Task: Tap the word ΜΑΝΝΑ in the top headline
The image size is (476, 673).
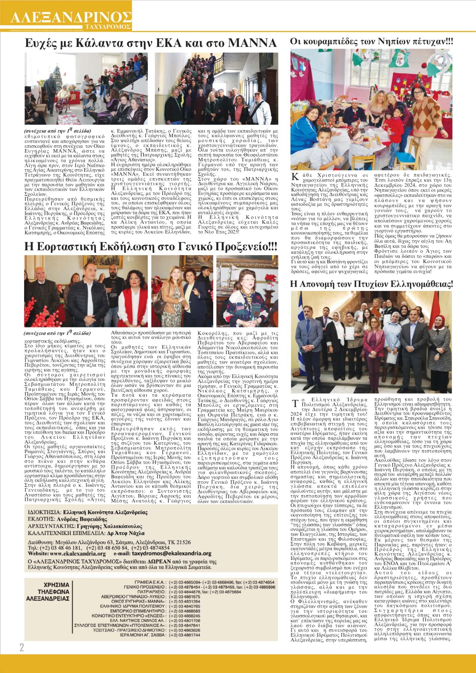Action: point(252,43)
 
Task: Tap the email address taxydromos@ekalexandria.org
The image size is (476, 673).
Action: point(172,553)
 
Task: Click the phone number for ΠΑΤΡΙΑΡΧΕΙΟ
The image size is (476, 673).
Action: point(205,592)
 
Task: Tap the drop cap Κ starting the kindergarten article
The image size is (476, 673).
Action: point(295,176)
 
